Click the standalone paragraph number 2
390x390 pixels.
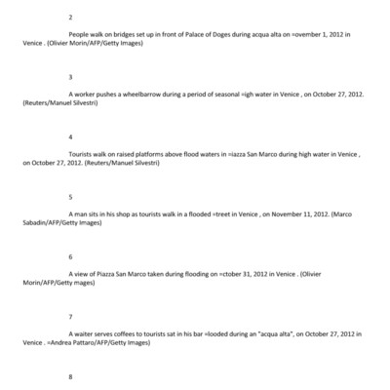point(70,18)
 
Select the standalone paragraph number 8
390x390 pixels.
point(70,376)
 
